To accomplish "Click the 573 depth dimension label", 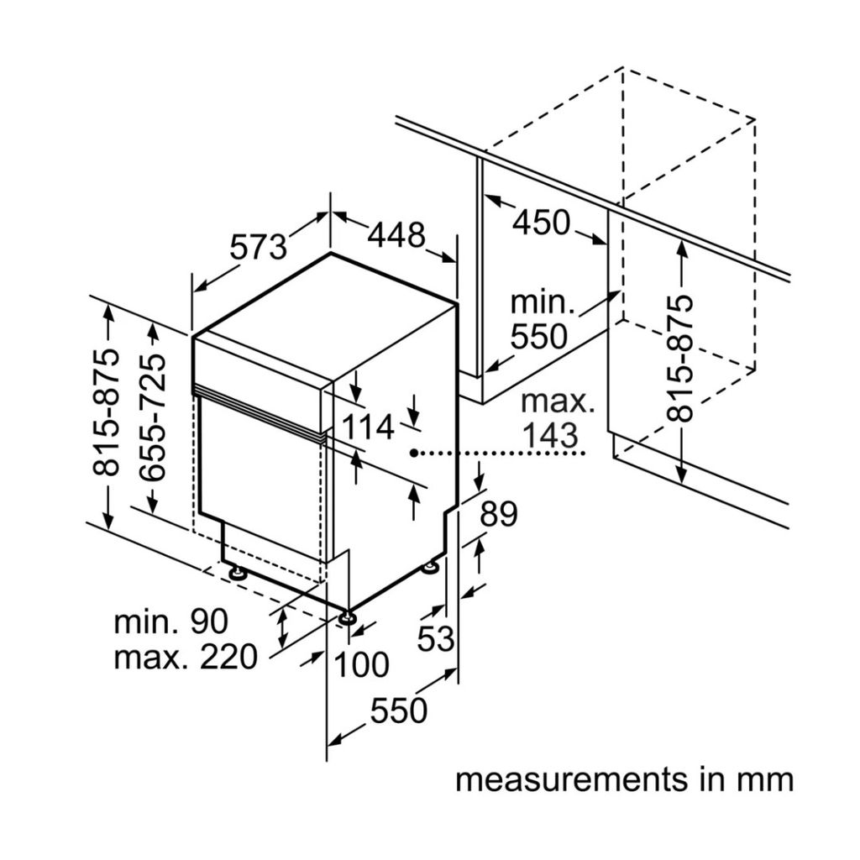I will pos(259,247).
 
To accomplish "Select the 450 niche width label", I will pos(542,223).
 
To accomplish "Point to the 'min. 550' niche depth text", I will pos(539,320).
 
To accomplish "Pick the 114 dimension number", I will pos(367,427).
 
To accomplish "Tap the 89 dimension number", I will pos(498,515).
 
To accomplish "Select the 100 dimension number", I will pos(362,665).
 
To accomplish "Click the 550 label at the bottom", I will pos(399,712).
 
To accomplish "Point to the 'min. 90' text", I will pos(171,622).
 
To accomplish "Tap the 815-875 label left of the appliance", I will pos(107,413).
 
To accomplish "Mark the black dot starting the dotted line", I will pos(414,454).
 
